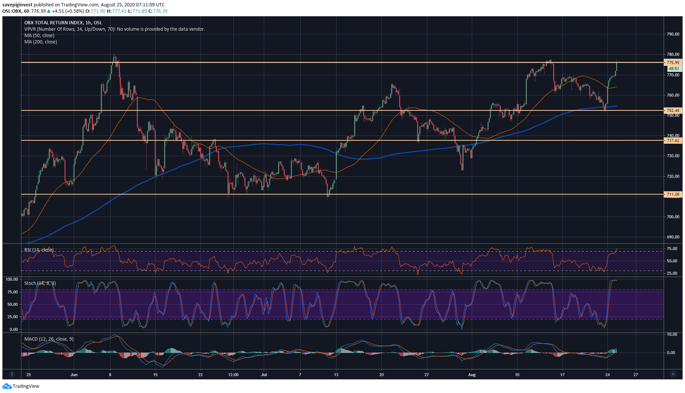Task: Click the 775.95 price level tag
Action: pyautogui.click(x=673, y=63)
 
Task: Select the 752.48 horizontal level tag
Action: pyautogui.click(x=673, y=110)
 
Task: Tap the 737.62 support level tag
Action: pyautogui.click(x=673, y=140)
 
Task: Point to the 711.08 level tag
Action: pyautogui.click(x=673, y=194)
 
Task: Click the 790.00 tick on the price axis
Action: pyautogui.click(x=673, y=34)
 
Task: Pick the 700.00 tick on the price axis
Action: pyautogui.click(x=673, y=217)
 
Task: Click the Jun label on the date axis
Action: pyautogui.click(x=74, y=375)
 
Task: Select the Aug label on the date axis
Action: pyautogui.click(x=472, y=375)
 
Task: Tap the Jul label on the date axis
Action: pyautogui.click(x=264, y=375)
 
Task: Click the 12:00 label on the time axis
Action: pyautogui.click(x=233, y=375)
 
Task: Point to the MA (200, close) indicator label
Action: pyautogui.click(x=40, y=42)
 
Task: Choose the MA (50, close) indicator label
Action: pyautogui.click(x=39, y=36)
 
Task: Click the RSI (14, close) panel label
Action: pyautogui.click(x=39, y=250)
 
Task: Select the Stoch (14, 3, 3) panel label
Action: pyautogui.click(x=40, y=283)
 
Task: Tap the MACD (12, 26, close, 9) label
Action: pyautogui.click(x=49, y=339)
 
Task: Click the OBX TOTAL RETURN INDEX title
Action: pyautogui.click(x=63, y=23)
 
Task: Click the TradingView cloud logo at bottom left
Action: pyautogui.click(x=7, y=386)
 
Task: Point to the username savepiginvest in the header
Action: pyautogui.click(x=17, y=5)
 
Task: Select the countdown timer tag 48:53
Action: pyautogui.click(x=674, y=68)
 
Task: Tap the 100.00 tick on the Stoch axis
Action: pyautogui.click(x=12, y=279)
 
